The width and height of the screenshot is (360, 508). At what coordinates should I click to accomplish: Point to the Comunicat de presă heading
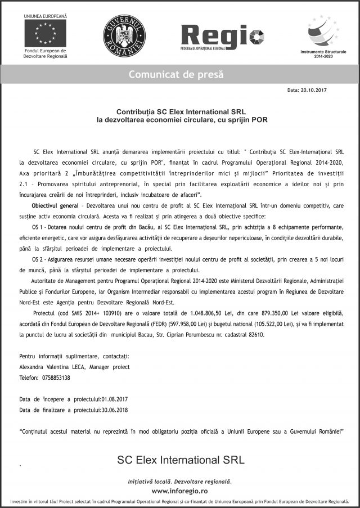[176, 74]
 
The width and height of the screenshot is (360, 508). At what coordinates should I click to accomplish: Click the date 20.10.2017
[315, 90]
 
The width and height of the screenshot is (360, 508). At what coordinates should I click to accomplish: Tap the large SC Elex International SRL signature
[181, 460]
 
